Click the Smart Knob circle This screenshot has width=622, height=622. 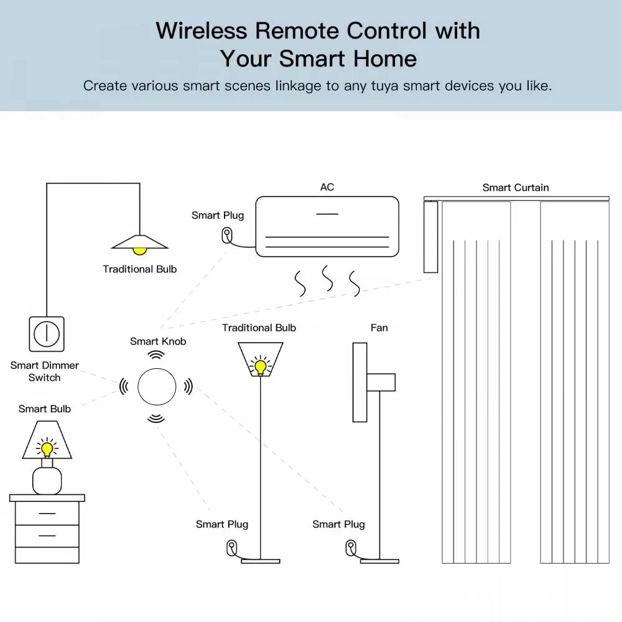pyautogui.click(x=156, y=386)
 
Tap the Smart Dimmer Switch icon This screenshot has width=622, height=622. pyautogui.click(x=46, y=334)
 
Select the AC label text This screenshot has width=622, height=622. pyautogui.click(x=327, y=187)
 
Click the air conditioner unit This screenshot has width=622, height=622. pyautogui.click(x=327, y=226)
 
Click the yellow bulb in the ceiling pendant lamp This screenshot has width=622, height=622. pyautogui.click(x=139, y=249)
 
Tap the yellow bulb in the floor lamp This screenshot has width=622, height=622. pyautogui.click(x=259, y=365)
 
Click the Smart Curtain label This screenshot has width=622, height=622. pyautogui.click(x=516, y=187)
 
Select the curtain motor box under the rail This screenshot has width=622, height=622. pyautogui.click(x=430, y=238)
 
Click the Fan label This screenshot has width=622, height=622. pyautogui.click(x=379, y=328)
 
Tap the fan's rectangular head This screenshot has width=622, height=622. pyautogui.click(x=360, y=382)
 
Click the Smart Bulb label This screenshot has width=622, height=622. pyautogui.click(x=45, y=409)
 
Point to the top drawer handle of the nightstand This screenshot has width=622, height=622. pyautogui.click(x=47, y=514)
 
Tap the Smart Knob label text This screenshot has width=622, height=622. pyautogui.click(x=158, y=341)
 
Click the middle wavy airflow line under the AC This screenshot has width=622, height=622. pyautogui.click(x=327, y=278)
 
